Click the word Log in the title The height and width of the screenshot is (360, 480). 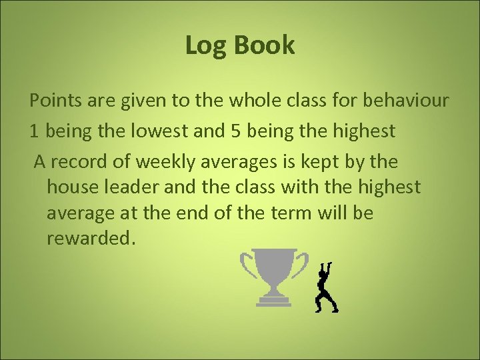201,45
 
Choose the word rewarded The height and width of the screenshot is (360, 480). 91,239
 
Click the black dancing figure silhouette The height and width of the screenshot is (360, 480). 327,287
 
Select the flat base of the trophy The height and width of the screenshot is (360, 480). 274,303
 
